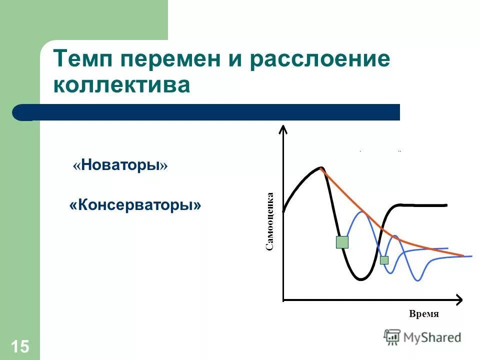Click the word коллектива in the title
[122, 85]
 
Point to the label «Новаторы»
[120, 165]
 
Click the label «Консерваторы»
[135, 205]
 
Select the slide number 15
[20, 346]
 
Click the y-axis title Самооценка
[269, 221]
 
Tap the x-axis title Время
[423, 314]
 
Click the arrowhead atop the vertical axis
[283, 128]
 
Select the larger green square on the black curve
[342, 242]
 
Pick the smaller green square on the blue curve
[384, 260]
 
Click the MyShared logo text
[432, 337]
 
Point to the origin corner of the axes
[283, 300]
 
